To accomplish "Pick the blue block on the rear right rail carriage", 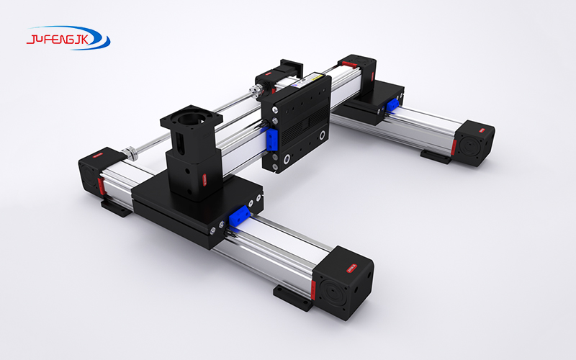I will pyautogui.click(x=393, y=106).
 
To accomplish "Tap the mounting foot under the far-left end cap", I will pyautogui.click(x=116, y=207).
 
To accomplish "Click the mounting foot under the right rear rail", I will pyautogui.click(x=434, y=156).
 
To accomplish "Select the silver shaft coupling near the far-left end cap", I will pyautogui.click(x=131, y=152).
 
